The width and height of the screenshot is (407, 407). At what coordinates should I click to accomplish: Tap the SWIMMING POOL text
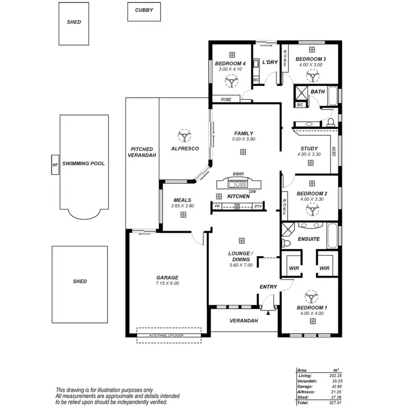coord(83,163)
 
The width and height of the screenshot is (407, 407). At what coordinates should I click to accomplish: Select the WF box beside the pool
coord(55,164)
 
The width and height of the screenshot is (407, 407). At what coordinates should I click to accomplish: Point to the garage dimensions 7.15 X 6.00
coord(167,283)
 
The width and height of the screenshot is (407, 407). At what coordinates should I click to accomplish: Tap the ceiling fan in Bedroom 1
coord(311,296)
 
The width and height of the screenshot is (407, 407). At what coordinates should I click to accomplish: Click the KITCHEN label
coord(238,196)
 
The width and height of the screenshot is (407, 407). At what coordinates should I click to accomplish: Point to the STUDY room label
coord(309,149)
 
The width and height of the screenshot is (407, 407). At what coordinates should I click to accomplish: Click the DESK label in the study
coord(333,152)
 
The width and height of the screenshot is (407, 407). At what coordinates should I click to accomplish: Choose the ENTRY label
coord(268,287)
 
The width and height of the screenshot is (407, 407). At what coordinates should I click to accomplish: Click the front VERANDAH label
coord(243,321)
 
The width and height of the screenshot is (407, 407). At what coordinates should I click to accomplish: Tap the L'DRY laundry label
coord(270,62)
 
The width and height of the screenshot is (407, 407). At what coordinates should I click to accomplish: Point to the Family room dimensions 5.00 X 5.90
coord(244,139)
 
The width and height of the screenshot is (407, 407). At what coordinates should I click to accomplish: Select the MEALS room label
coord(182,200)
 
